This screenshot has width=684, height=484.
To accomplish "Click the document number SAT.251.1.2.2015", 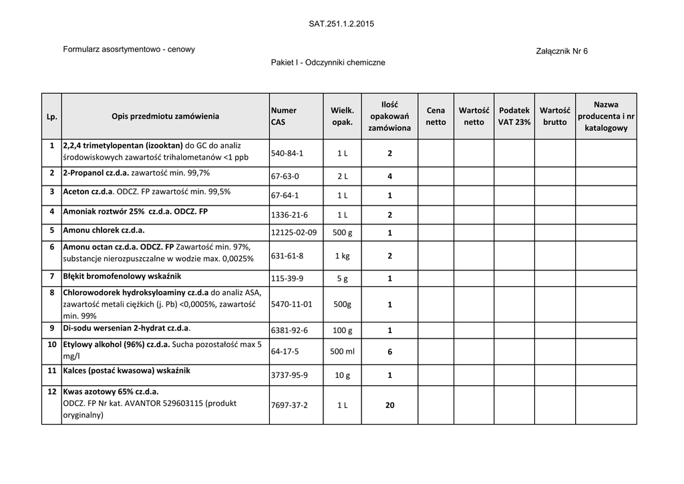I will point(341,24).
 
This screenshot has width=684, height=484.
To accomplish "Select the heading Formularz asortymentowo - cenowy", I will point(129,49).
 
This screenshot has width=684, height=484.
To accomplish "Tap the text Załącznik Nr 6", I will point(562,51).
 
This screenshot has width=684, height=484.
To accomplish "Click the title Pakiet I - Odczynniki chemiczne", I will point(328,62).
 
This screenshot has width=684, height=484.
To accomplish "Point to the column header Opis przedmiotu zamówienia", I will point(165,116).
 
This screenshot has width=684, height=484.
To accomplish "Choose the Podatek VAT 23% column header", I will point(514,116).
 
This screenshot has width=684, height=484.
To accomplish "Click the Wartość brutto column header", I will point(554,116).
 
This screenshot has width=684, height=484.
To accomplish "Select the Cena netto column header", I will point(436,116).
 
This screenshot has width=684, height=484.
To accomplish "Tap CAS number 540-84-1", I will point(287,154).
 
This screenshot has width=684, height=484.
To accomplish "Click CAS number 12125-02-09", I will point(293,232).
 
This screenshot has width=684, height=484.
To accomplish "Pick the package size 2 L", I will point(342,176).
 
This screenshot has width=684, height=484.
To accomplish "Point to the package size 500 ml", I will point(342,352).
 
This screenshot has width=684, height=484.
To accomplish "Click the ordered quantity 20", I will point(389,405).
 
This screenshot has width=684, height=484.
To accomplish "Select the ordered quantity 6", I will point(389,352).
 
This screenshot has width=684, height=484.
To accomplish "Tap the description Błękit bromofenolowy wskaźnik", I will point(122,276).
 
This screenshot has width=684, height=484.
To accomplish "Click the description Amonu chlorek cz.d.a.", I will point(104,230).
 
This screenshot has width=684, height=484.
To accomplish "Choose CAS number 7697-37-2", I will point(289,405).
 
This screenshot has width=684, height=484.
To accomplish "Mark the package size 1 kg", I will point(342,256).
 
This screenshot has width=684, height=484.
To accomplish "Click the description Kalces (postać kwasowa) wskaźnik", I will point(126,371).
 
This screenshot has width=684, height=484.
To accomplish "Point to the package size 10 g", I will point(342,375).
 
